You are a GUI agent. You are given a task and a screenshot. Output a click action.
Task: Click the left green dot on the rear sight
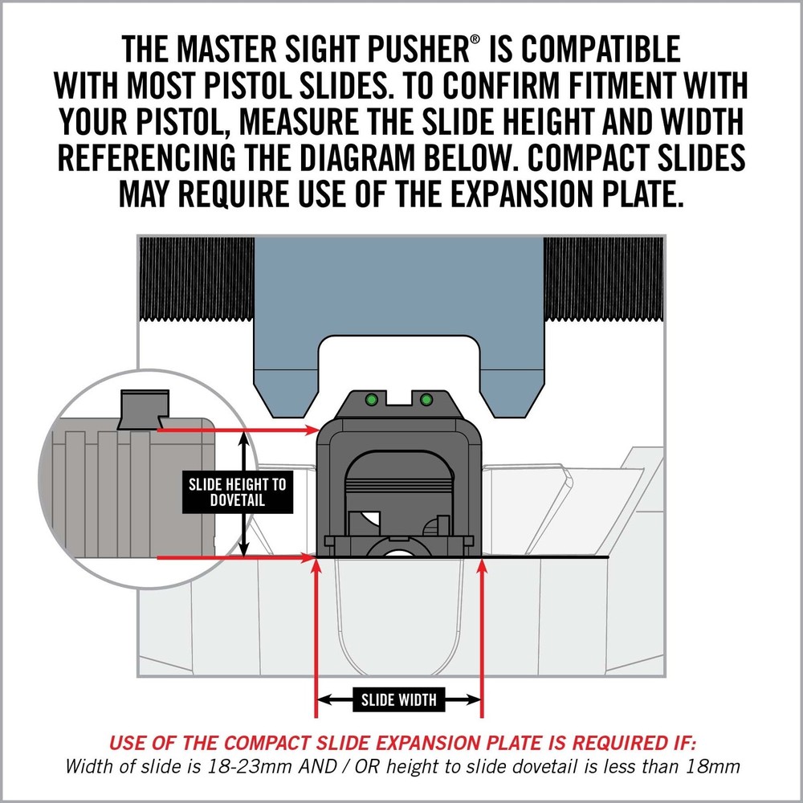[372, 399]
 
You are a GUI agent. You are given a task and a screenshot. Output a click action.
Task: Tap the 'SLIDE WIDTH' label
[399, 700]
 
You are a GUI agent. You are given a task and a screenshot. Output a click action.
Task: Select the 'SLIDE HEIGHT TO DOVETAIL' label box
[237, 492]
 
